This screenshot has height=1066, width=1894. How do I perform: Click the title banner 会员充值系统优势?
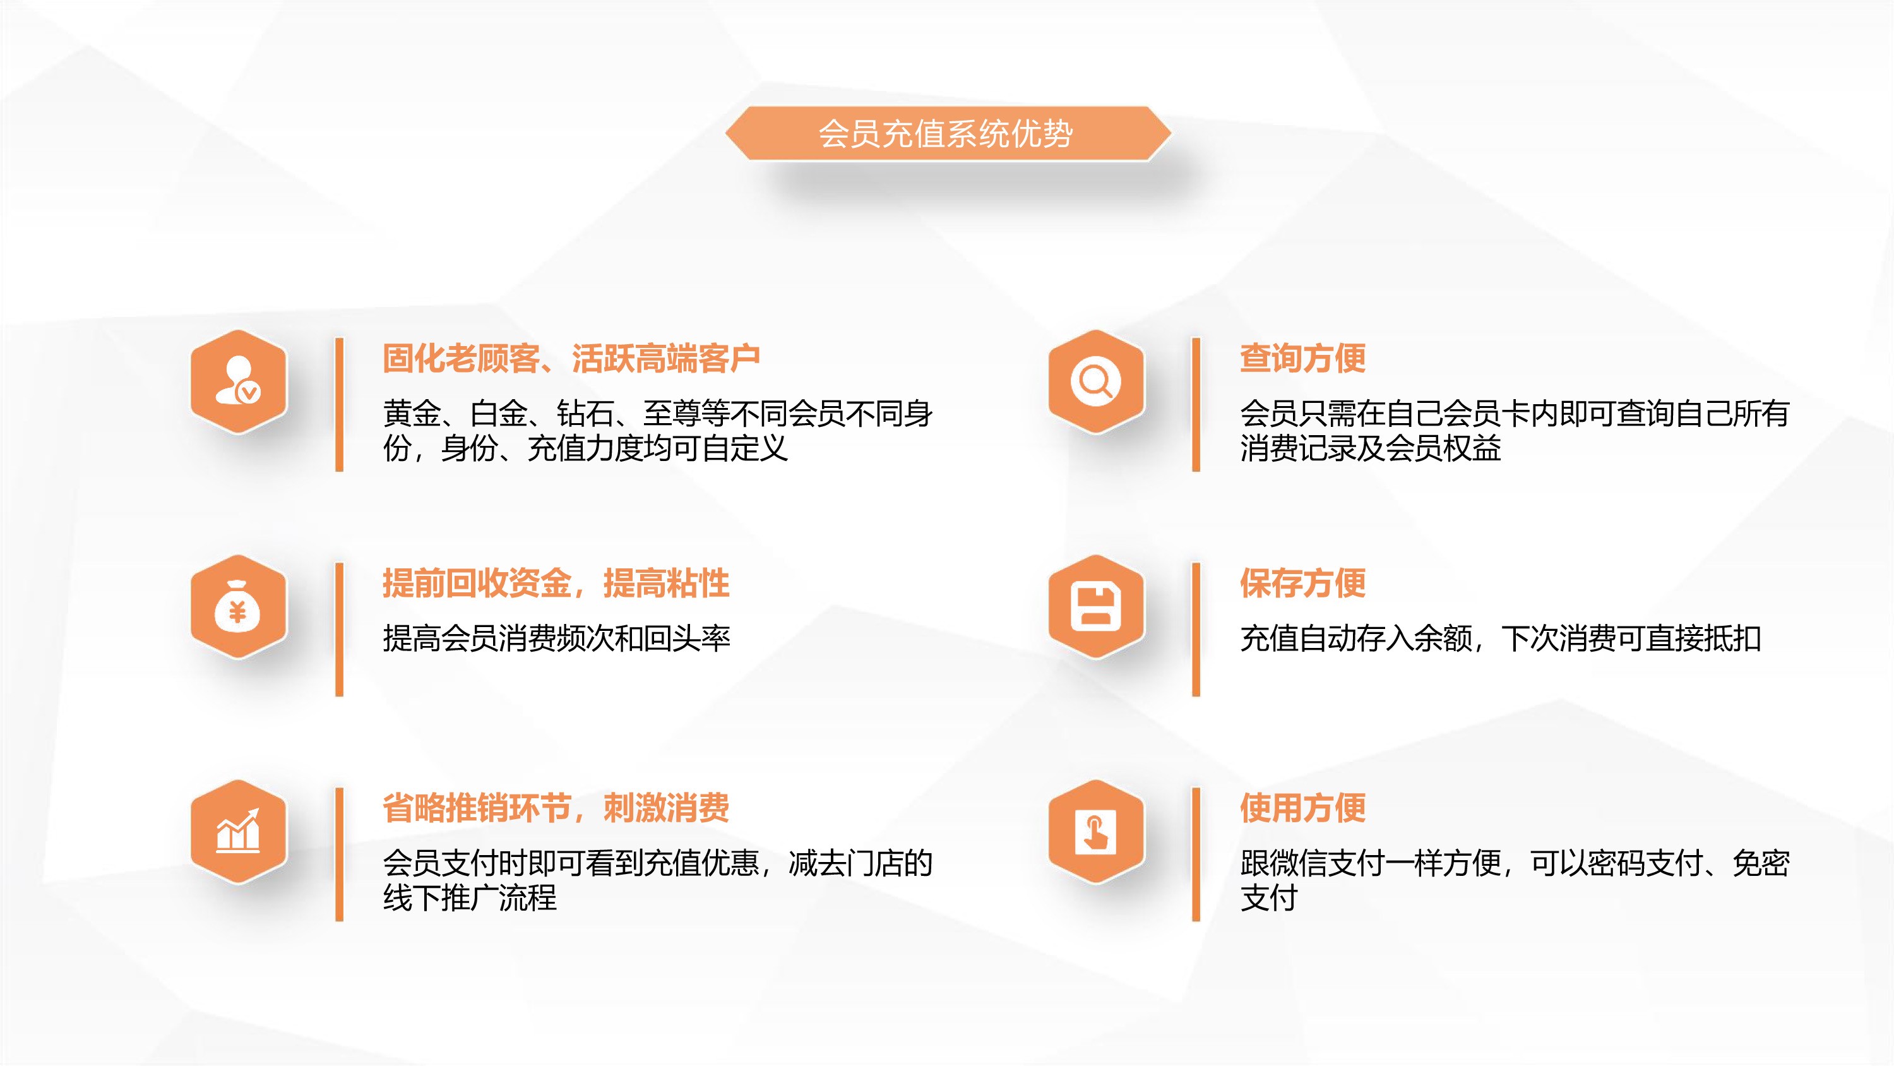coord(947,133)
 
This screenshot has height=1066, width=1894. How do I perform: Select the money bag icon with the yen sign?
coord(238,606)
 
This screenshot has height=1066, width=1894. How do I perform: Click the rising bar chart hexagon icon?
coord(238,831)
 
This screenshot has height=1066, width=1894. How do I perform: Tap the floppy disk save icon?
coord(1095,606)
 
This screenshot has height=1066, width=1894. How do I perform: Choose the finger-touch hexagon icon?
coord(1095,831)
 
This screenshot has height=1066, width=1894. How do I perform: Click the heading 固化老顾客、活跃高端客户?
coord(571,359)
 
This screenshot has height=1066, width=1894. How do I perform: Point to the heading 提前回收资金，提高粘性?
coord(556,584)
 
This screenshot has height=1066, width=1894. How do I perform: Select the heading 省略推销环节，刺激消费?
coord(556,808)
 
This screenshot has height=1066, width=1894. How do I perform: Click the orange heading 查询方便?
coord(1303,359)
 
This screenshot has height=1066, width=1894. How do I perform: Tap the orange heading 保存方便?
coord(1303,584)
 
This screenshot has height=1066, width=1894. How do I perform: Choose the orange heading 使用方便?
coord(1303,808)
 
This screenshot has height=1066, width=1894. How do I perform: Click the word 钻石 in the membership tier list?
coord(585,414)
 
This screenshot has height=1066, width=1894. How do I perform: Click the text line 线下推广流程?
coord(470,897)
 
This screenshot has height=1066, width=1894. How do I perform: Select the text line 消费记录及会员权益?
coord(1371,448)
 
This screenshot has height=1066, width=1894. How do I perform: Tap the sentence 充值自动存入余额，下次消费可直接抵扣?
coord(1500,638)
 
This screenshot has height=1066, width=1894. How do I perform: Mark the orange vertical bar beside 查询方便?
coord(1196,404)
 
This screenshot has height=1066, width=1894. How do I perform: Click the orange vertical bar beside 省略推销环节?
coord(339,854)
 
